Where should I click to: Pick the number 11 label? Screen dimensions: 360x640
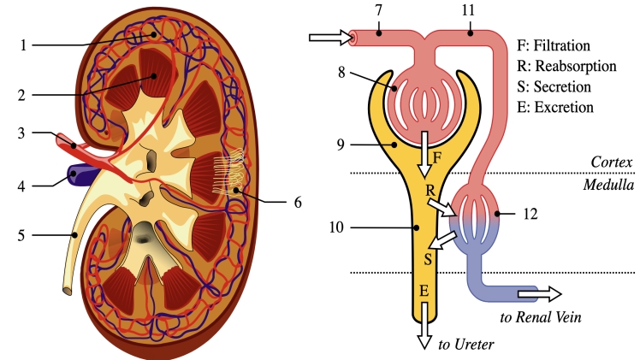(x=468, y=9)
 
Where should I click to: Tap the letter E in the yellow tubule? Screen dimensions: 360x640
(x=424, y=291)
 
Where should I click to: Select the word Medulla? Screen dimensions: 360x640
(x=608, y=185)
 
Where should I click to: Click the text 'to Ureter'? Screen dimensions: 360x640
(x=467, y=345)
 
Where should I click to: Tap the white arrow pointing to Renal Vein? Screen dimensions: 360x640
(x=542, y=294)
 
